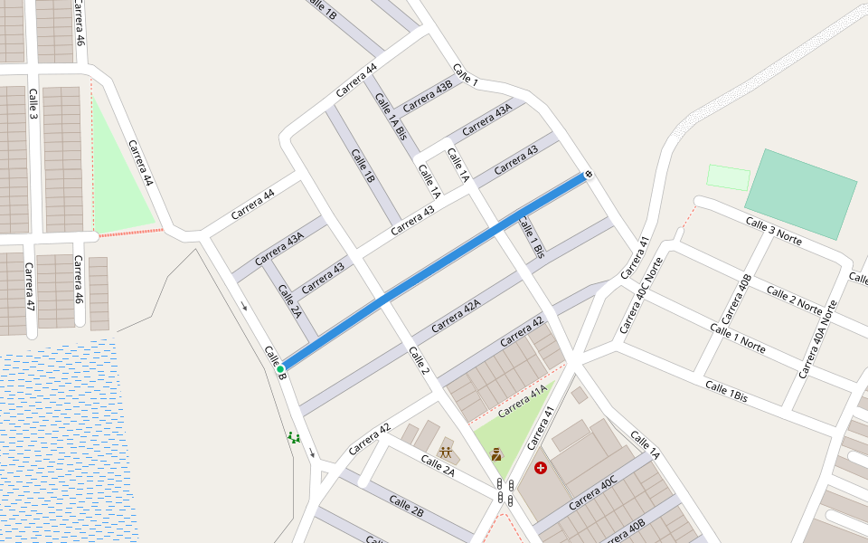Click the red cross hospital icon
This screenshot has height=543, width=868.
click(x=541, y=468)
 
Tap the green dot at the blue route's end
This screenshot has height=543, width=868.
click(x=280, y=368)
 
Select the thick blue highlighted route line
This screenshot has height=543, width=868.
click(x=434, y=271)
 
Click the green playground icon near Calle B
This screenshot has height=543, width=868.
click(x=294, y=437)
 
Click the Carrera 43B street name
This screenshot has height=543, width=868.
click(x=427, y=97)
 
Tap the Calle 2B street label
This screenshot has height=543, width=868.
click(x=406, y=506)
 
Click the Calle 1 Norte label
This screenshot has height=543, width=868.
click(x=737, y=338)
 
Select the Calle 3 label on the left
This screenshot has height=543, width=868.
click(x=33, y=104)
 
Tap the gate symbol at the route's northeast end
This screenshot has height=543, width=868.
click(x=589, y=173)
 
